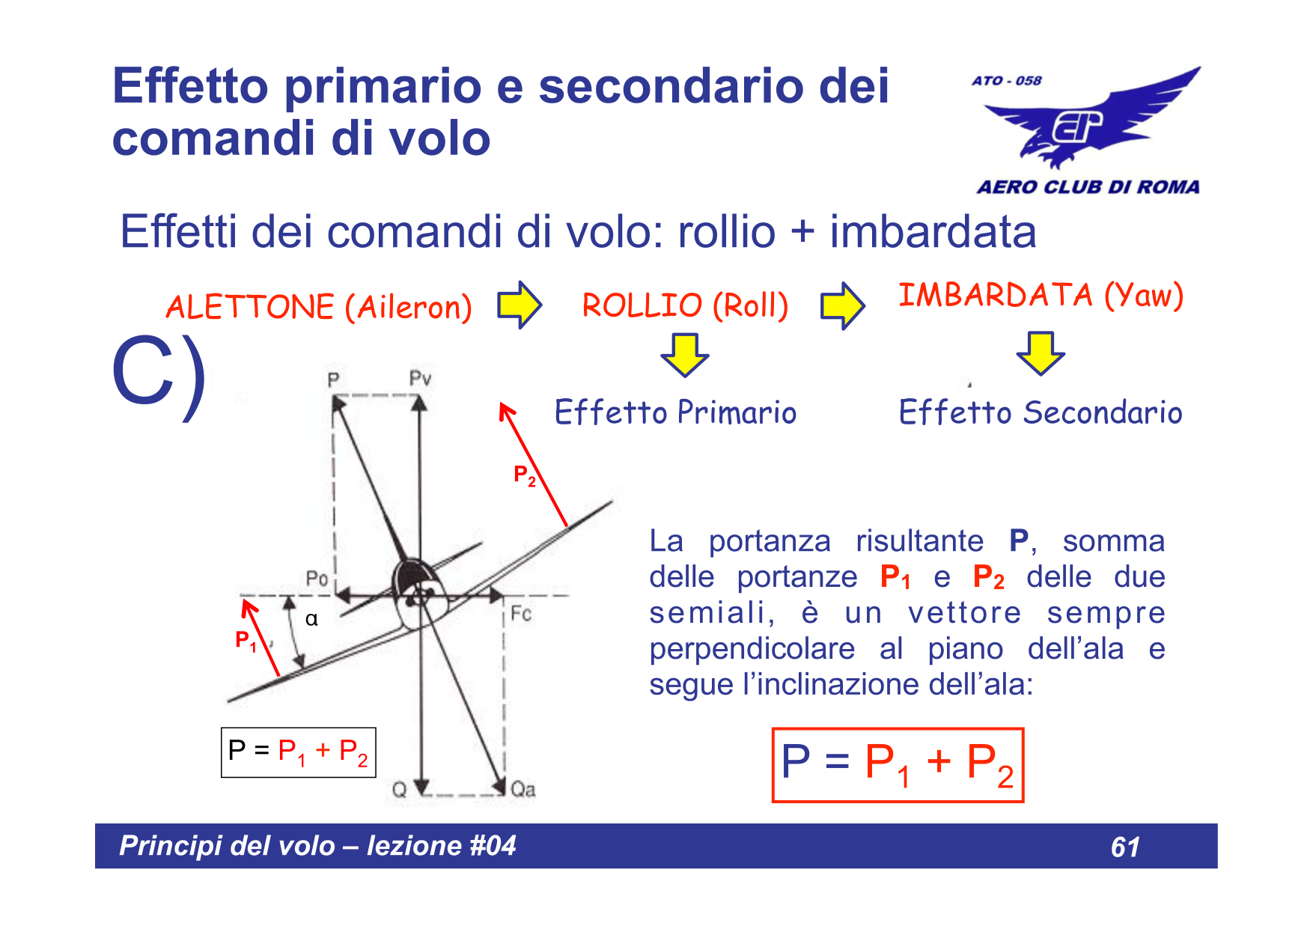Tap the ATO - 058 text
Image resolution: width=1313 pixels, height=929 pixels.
(1006, 81)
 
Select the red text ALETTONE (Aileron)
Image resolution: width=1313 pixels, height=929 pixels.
(319, 307)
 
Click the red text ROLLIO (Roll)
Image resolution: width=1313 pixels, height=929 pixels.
(685, 305)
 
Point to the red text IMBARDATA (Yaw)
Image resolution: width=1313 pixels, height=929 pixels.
(1041, 295)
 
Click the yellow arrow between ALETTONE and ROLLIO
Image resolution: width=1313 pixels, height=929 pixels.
(520, 305)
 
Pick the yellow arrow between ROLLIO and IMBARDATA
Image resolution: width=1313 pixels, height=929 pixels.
(842, 305)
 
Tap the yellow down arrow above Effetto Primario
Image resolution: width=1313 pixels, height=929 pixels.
(684, 354)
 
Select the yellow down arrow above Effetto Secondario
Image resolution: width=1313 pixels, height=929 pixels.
(1041, 353)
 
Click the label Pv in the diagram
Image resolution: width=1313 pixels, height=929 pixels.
(420, 379)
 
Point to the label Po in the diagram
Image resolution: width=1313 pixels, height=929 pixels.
(317, 579)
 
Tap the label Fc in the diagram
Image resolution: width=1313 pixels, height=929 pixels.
(521, 614)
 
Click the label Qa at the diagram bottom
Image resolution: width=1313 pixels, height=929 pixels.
(523, 790)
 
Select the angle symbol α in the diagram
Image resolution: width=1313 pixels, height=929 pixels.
(311, 619)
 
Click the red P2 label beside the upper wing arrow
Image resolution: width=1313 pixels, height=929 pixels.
(524, 475)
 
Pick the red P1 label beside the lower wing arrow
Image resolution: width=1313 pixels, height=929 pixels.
(246, 641)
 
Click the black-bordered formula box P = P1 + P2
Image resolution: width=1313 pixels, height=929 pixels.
(298, 752)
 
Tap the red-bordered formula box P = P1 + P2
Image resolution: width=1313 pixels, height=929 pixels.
(898, 765)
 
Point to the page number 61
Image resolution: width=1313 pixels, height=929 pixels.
(1125, 847)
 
